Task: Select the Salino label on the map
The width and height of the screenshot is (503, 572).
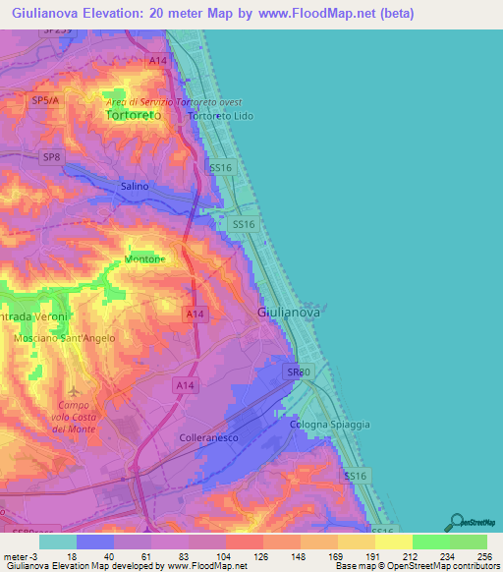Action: point(135,186)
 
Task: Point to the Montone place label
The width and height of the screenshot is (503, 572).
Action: point(144,258)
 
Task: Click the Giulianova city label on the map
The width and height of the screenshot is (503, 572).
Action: point(288,312)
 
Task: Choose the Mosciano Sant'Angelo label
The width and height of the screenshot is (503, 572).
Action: point(65,338)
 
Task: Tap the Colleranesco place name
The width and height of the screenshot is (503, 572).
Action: point(209,437)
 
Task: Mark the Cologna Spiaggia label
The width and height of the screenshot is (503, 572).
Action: point(330,424)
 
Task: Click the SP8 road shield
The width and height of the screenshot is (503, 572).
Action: point(50,156)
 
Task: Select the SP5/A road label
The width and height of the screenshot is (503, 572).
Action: point(45,100)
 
